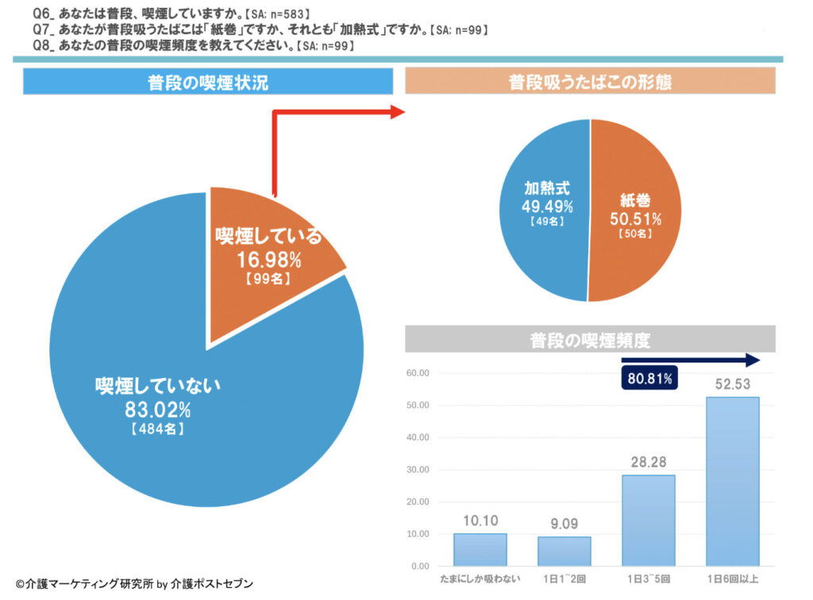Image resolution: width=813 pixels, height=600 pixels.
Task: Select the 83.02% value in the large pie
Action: click(x=157, y=410)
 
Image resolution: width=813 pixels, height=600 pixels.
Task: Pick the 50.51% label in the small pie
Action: click(x=635, y=219)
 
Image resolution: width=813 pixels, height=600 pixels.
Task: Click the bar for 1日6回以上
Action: click(x=732, y=481)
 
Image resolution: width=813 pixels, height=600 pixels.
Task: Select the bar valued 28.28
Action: click(x=649, y=520)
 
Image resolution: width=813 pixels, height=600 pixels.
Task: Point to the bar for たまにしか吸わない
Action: click(x=480, y=549)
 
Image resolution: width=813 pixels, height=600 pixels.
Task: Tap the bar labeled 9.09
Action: click(x=564, y=551)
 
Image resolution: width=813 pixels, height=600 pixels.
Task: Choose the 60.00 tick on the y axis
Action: click(x=418, y=373)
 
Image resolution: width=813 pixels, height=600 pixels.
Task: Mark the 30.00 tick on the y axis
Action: click(x=418, y=470)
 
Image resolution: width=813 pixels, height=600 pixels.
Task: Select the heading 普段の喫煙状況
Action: click(x=208, y=83)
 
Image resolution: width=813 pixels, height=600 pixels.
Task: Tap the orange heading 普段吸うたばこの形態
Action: click(x=590, y=82)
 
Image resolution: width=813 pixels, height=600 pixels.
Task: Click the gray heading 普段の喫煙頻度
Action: click(x=590, y=341)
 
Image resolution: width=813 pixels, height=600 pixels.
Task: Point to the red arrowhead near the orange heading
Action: click(x=397, y=112)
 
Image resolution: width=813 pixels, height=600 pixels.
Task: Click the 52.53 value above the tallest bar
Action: click(x=732, y=385)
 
